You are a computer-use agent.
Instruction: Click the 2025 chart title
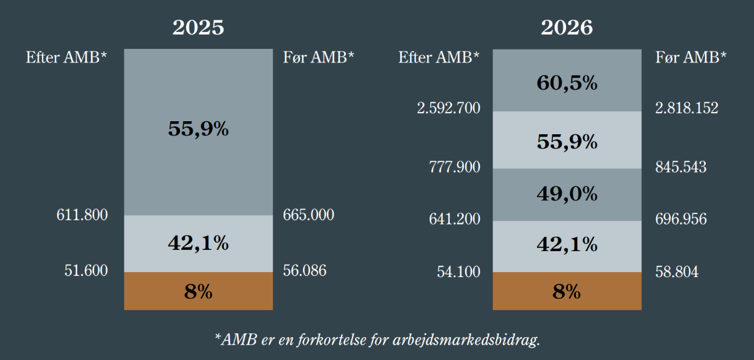pyautogui.click(x=198, y=28)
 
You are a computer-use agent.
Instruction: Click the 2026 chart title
pyautogui.click(x=567, y=28)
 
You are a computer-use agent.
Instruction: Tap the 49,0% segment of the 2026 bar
pyautogui.click(x=567, y=194)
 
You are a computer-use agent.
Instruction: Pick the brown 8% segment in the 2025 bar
pyautogui.click(x=198, y=291)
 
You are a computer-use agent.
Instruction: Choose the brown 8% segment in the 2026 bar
pyautogui.click(x=567, y=291)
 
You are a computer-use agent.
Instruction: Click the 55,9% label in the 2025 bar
pyautogui.click(x=198, y=129)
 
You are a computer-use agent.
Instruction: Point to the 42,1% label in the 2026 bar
pyautogui.click(x=567, y=244)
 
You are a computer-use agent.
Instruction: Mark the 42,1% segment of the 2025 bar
pyautogui.click(x=198, y=244)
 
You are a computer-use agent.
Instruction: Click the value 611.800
pyautogui.click(x=82, y=215)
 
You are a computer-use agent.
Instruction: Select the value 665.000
pyautogui.click(x=309, y=215)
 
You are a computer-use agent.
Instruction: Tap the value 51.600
pyautogui.click(x=86, y=271)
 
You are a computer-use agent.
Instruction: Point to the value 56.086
pyautogui.click(x=304, y=271)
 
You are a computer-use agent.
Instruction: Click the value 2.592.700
pyautogui.click(x=448, y=109)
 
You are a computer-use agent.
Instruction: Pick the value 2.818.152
pyautogui.click(x=687, y=109)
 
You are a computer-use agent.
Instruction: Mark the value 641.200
pyautogui.click(x=455, y=220)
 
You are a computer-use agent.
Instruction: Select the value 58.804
pyautogui.click(x=677, y=272)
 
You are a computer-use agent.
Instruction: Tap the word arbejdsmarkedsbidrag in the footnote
pyautogui.click(x=469, y=340)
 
